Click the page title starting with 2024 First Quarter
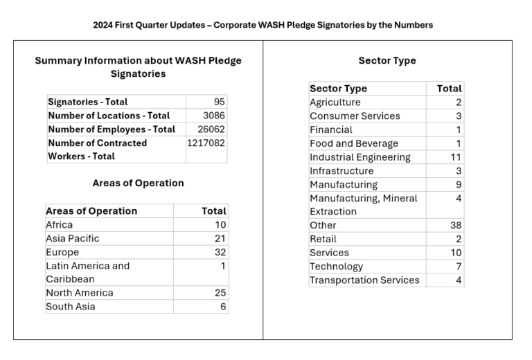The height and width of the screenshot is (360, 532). click(x=263, y=25)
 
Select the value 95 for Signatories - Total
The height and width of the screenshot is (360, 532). click(x=219, y=102)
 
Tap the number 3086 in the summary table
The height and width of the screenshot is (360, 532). click(x=214, y=116)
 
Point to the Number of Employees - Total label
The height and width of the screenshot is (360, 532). click(x=112, y=129)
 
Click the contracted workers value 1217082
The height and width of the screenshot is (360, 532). click(x=206, y=143)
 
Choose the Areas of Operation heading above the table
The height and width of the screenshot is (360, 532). click(x=138, y=183)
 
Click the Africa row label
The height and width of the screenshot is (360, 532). click(x=60, y=225)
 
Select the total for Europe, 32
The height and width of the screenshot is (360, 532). click(x=220, y=252)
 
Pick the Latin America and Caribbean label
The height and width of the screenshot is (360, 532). click(x=88, y=273)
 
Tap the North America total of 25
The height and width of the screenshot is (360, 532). click(x=220, y=293)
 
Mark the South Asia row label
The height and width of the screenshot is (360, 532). click(x=71, y=307)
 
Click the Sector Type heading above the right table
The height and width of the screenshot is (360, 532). click(x=387, y=61)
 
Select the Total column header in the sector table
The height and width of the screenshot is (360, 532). click(x=449, y=89)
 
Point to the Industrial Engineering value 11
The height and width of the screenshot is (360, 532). click(x=456, y=157)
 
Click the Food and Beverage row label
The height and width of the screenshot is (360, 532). click(x=354, y=144)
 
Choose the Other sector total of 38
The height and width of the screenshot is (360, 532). click(x=456, y=226)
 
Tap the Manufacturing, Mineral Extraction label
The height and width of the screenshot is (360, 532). click(x=364, y=205)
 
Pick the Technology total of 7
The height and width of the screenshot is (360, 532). click(x=459, y=267)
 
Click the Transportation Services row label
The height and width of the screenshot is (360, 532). click(x=364, y=280)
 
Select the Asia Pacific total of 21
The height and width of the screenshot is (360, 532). click(x=220, y=239)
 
